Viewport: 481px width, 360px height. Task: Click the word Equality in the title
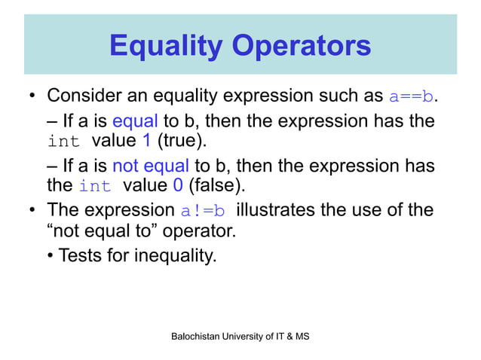165,47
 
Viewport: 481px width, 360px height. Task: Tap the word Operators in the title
301,45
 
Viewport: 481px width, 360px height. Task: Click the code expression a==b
412,98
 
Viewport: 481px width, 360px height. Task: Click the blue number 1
146,141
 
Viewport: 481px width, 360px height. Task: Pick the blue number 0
178,185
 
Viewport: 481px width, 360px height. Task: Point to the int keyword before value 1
63,141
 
